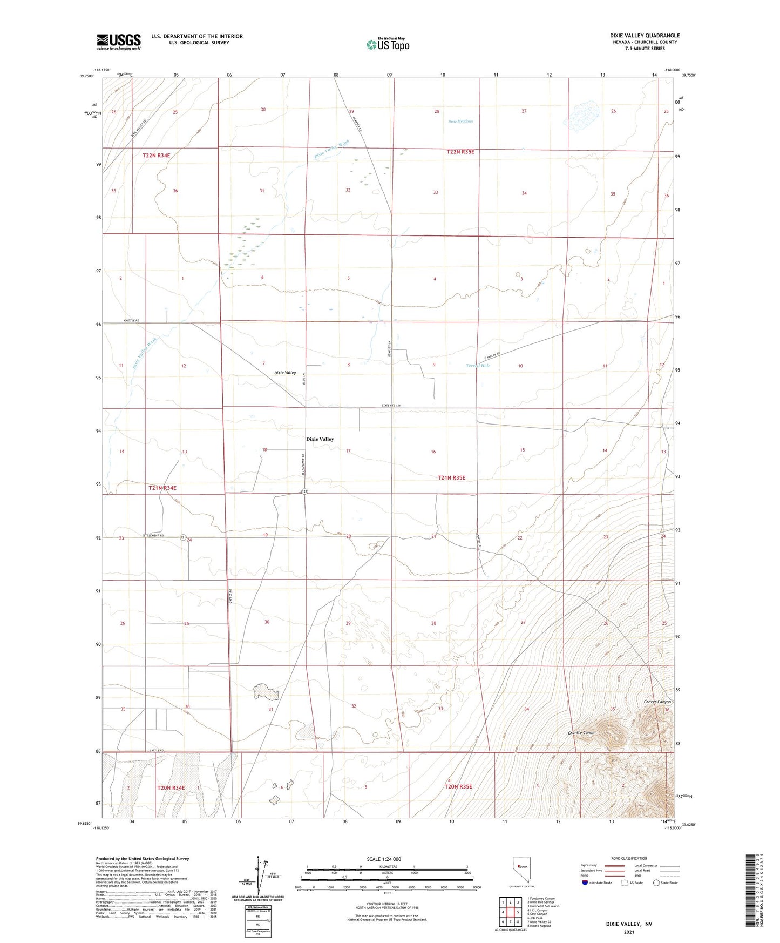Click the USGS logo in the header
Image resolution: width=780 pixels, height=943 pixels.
click(119, 42)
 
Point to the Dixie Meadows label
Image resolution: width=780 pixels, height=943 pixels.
click(460, 122)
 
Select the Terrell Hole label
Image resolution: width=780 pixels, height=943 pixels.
click(478, 366)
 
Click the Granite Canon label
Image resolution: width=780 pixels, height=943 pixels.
click(581, 733)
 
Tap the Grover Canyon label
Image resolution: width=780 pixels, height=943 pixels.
click(657, 702)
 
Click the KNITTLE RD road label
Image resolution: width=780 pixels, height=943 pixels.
click(131, 321)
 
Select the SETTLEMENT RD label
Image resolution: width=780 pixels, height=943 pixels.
click(153, 536)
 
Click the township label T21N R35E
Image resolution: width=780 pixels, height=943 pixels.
click(451, 478)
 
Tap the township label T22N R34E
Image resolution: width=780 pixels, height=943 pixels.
click(156, 156)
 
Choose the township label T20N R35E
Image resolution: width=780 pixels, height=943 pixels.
click(458, 787)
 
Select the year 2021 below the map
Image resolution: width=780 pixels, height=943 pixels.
click(629, 932)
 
